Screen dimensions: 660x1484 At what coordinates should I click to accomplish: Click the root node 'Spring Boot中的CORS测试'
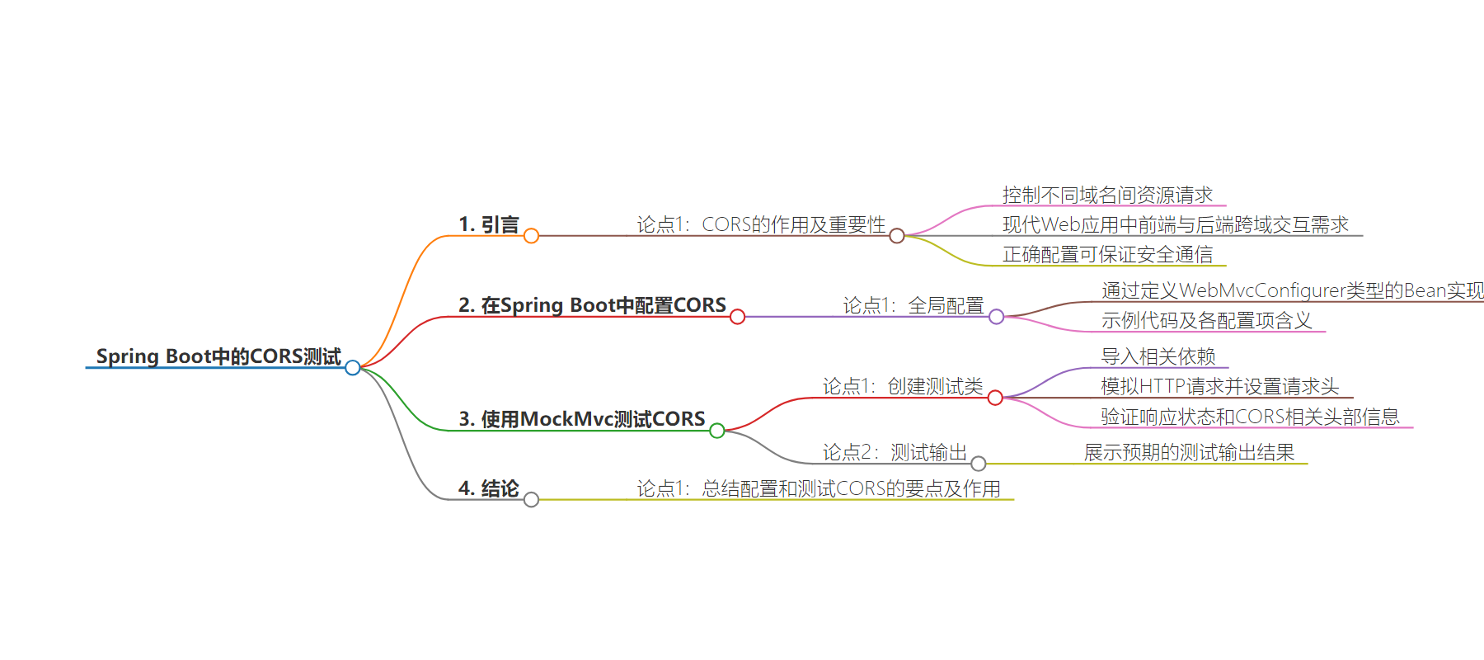click(218, 356)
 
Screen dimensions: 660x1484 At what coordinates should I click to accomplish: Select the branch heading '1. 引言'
click(489, 224)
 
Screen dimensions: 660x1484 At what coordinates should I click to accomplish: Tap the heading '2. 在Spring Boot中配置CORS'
click(592, 305)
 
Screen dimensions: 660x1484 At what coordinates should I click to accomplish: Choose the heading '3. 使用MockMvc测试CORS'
click(581, 419)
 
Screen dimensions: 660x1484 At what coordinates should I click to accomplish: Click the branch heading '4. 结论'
click(489, 488)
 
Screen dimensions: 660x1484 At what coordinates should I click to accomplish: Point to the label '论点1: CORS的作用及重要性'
click(761, 224)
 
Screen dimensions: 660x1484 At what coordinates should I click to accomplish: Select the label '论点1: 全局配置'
click(913, 305)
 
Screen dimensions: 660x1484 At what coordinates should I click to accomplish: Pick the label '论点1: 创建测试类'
click(903, 386)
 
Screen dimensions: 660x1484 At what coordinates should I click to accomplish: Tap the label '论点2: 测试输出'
click(895, 452)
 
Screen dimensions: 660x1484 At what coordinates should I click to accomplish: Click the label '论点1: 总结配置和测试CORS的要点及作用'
click(819, 488)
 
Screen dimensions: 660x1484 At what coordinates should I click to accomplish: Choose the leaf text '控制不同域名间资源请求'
click(1107, 195)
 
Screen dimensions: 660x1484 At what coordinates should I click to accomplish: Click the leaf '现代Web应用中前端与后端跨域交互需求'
click(1175, 224)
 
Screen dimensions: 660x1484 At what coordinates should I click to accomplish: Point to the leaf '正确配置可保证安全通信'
click(1107, 254)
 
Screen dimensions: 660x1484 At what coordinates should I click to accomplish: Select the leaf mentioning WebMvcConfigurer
click(1292, 290)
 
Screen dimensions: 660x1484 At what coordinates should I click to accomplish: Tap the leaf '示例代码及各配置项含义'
click(1206, 320)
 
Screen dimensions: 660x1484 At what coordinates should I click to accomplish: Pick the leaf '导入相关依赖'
click(1158, 356)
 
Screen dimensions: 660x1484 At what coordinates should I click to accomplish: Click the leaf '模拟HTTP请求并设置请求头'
click(1219, 386)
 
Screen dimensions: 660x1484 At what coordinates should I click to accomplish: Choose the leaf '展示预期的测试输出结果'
click(1189, 452)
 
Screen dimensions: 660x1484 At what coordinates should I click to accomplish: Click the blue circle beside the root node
click(353, 368)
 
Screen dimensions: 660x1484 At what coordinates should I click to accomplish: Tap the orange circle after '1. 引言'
click(532, 236)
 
